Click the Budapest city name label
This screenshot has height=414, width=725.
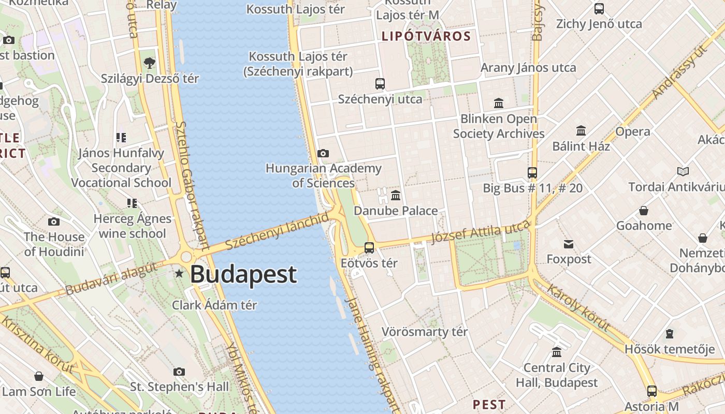243,274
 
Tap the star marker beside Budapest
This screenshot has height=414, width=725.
179,273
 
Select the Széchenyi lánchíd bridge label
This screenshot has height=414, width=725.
277,231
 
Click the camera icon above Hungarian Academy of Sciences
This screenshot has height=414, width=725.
323,153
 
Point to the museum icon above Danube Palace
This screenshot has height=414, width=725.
396,195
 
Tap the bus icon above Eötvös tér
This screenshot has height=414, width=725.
369,247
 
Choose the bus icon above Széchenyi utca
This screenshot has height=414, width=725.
380,83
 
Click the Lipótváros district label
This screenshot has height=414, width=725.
426,36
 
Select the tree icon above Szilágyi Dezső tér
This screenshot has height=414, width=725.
150,63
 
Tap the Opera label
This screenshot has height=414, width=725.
633,131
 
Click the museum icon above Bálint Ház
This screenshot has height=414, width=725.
581,130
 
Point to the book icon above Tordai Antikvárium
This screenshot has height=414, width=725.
683,171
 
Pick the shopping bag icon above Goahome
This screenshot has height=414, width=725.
644,211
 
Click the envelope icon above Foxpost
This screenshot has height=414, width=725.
569,244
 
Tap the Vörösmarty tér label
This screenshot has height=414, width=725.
425,332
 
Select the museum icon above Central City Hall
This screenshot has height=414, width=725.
557,352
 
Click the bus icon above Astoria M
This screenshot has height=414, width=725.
652,391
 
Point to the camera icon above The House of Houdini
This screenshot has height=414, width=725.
54,222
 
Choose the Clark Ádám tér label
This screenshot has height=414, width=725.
214,305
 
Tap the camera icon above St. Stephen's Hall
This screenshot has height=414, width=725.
179,372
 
